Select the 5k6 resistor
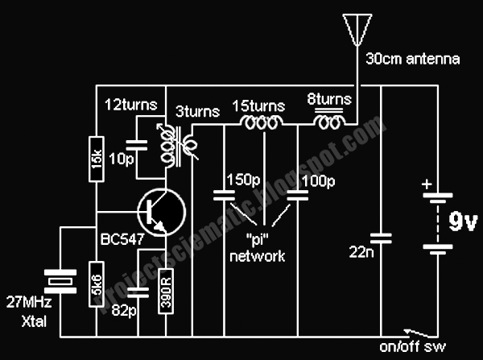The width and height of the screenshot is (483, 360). click(95, 282)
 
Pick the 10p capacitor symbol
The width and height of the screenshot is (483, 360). click(140, 145)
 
